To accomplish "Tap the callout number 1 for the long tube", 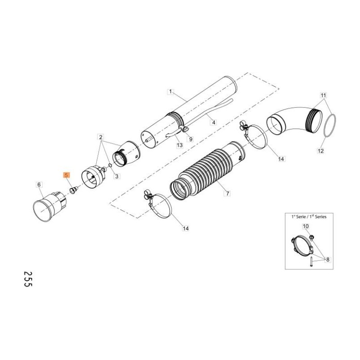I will tap(170, 92).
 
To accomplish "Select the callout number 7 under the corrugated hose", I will tap(228, 193).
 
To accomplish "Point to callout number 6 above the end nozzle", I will tap(39, 184).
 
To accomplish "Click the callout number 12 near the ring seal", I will tap(320, 151).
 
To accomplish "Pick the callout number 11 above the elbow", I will tap(323, 95).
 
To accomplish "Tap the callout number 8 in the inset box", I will tap(327, 259).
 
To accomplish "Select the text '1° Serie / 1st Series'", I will tap(309, 216).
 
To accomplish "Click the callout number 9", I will tap(190, 139).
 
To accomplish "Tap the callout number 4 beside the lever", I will tap(214, 122).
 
